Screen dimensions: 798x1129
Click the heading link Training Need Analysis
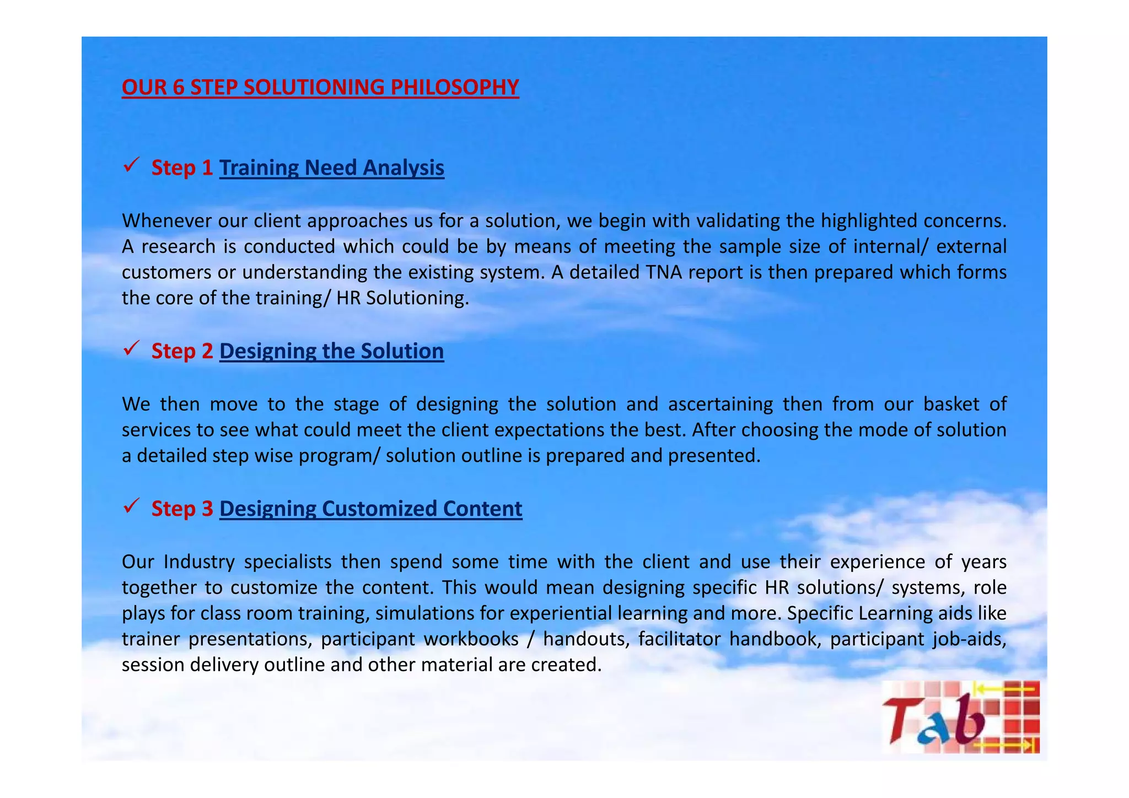331,168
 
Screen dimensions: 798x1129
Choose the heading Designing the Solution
331,351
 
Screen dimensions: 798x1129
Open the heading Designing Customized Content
370,509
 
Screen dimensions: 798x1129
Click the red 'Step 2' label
182,351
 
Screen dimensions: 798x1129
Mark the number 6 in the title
178,88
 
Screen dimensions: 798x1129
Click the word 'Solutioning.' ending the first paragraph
417,298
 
